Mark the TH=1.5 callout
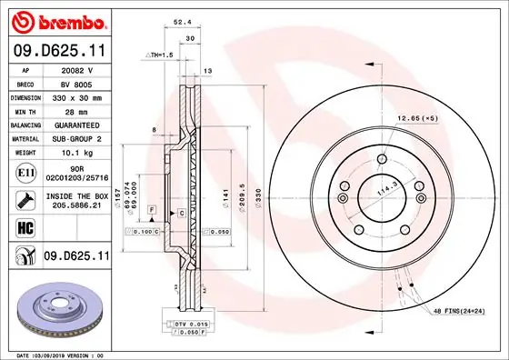pos(161,55)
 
